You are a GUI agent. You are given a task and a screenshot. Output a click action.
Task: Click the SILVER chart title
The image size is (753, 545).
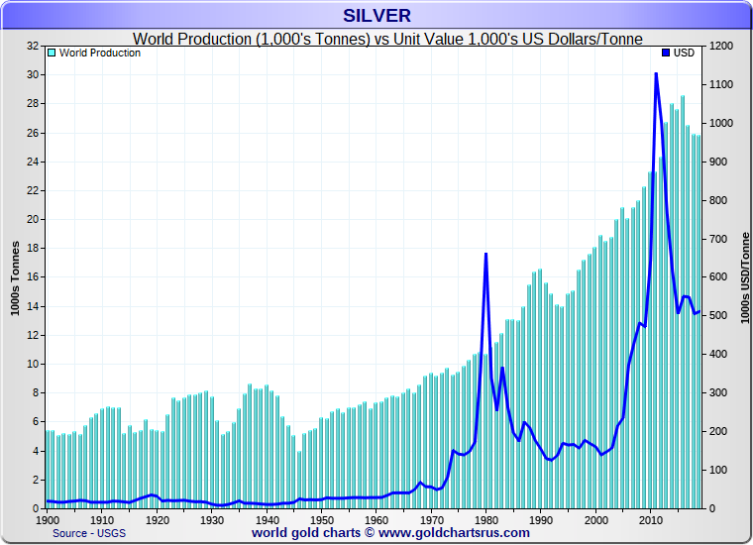[376, 15]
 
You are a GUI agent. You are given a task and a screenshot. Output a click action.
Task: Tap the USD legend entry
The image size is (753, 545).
[679, 54]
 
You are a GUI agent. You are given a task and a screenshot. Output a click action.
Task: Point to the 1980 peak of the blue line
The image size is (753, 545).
[485, 255]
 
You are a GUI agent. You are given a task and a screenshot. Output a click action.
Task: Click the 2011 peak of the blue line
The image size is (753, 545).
[656, 74]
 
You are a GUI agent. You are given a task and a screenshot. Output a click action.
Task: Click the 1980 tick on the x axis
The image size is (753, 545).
[485, 518]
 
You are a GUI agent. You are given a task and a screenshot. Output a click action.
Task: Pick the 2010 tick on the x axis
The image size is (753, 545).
[650, 518]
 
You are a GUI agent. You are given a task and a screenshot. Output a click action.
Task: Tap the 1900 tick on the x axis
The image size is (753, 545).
[48, 518]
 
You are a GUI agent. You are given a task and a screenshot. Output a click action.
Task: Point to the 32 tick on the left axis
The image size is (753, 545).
[33, 47]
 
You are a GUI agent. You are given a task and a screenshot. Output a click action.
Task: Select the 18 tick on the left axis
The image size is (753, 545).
[33, 249]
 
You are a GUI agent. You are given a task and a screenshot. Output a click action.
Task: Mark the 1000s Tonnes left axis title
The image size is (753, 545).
[15, 277]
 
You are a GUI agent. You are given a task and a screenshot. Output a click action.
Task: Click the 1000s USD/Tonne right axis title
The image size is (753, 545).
[744, 277]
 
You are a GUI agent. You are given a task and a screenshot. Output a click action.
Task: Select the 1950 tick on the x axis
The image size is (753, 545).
[321, 518]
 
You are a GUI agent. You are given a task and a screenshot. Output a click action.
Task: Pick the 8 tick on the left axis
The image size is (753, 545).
[36, 393]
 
